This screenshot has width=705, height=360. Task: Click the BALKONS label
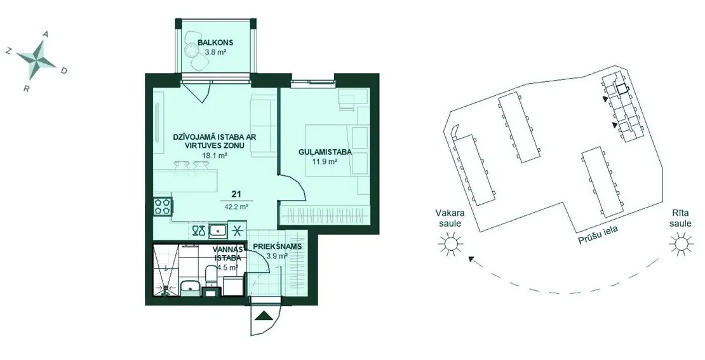coord(215,43)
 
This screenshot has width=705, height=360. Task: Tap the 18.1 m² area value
coord(214,156)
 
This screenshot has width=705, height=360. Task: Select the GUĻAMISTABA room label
coord(325,152)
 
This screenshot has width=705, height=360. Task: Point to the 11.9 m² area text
coord(325,161)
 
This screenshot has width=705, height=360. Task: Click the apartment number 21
coord(236,194)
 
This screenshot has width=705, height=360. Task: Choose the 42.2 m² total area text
coord(236,207)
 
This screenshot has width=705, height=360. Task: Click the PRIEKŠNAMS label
coord(277,247)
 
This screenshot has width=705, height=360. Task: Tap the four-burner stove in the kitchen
coord(163,206)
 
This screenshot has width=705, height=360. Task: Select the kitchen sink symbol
coord(218,230)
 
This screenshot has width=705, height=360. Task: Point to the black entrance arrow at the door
coord(264,316)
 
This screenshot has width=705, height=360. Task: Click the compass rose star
coord(37,59)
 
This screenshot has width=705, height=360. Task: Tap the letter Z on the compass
coord(8,51)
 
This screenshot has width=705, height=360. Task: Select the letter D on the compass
coord(64,70)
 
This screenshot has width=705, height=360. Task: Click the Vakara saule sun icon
coord(450,244)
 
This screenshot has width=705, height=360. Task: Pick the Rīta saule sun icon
coord(680,244)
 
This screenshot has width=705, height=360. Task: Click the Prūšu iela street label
coord(598,234)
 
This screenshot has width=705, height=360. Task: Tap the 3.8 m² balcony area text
coord(215,52)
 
